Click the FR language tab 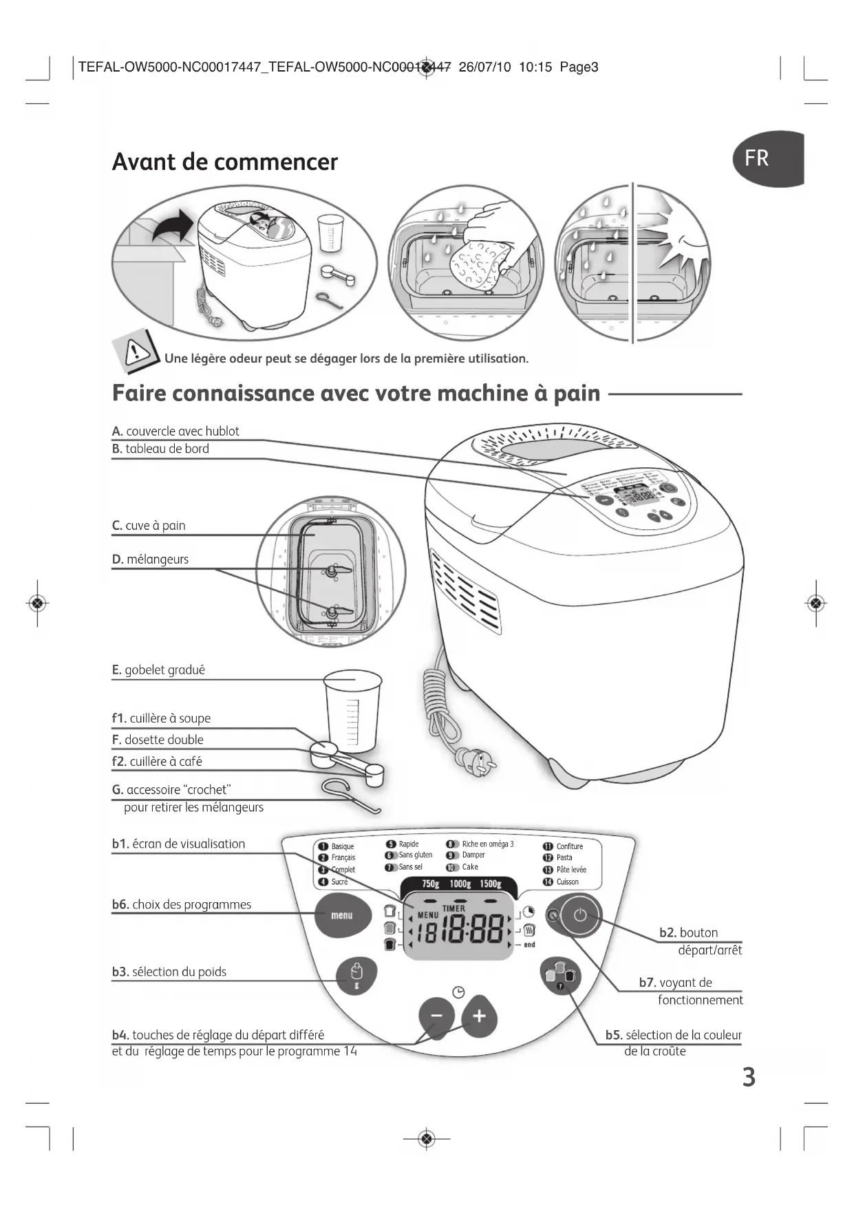pos(765,158)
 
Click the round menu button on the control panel pos(342,915)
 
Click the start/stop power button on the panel pos(580,915)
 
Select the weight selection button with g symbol pos(356,975)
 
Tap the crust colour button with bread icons pos(560,976)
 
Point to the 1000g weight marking pos(460,884)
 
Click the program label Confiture pos(569,846)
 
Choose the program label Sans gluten pos(415,855)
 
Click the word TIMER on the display pos(453,908)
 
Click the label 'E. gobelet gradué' pos(158,670)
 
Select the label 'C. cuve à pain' pos(149,526)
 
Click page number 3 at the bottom pos(749,1078)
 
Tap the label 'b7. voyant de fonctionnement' pos(691,991)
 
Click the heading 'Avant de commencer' pos(224,162)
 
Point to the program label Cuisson pos(567,882)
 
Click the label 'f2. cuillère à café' pos(158,762)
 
